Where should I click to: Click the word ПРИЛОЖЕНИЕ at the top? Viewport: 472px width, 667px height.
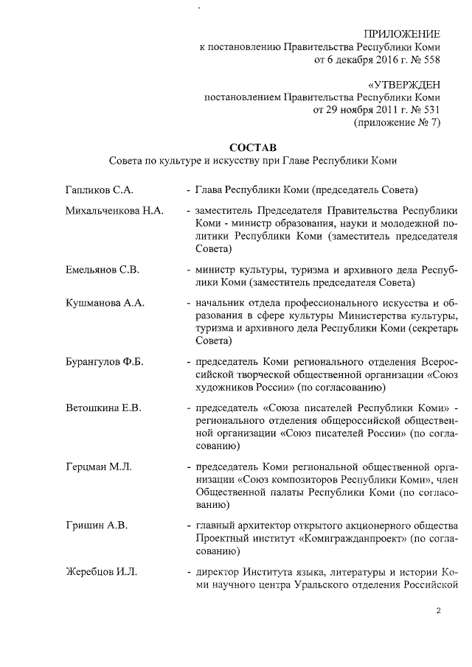click(x=403, y=35)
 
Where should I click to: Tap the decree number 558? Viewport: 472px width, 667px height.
click(x=429, y=60)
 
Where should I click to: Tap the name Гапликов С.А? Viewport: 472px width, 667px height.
click(x=99, y=190)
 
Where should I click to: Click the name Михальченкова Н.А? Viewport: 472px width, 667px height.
click(x=114, y=212)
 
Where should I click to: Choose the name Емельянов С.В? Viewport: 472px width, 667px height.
click(x=103, y=268)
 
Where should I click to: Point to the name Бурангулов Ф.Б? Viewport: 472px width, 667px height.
click(x=105, y=362)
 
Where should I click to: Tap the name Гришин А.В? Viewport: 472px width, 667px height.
click(x=97, y=525)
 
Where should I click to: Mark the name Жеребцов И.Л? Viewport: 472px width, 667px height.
click(x=101, y=572)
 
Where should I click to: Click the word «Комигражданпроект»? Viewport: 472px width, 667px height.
click(x=361, y=539)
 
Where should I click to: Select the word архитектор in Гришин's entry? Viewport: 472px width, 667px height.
click(x=263, y=525)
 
